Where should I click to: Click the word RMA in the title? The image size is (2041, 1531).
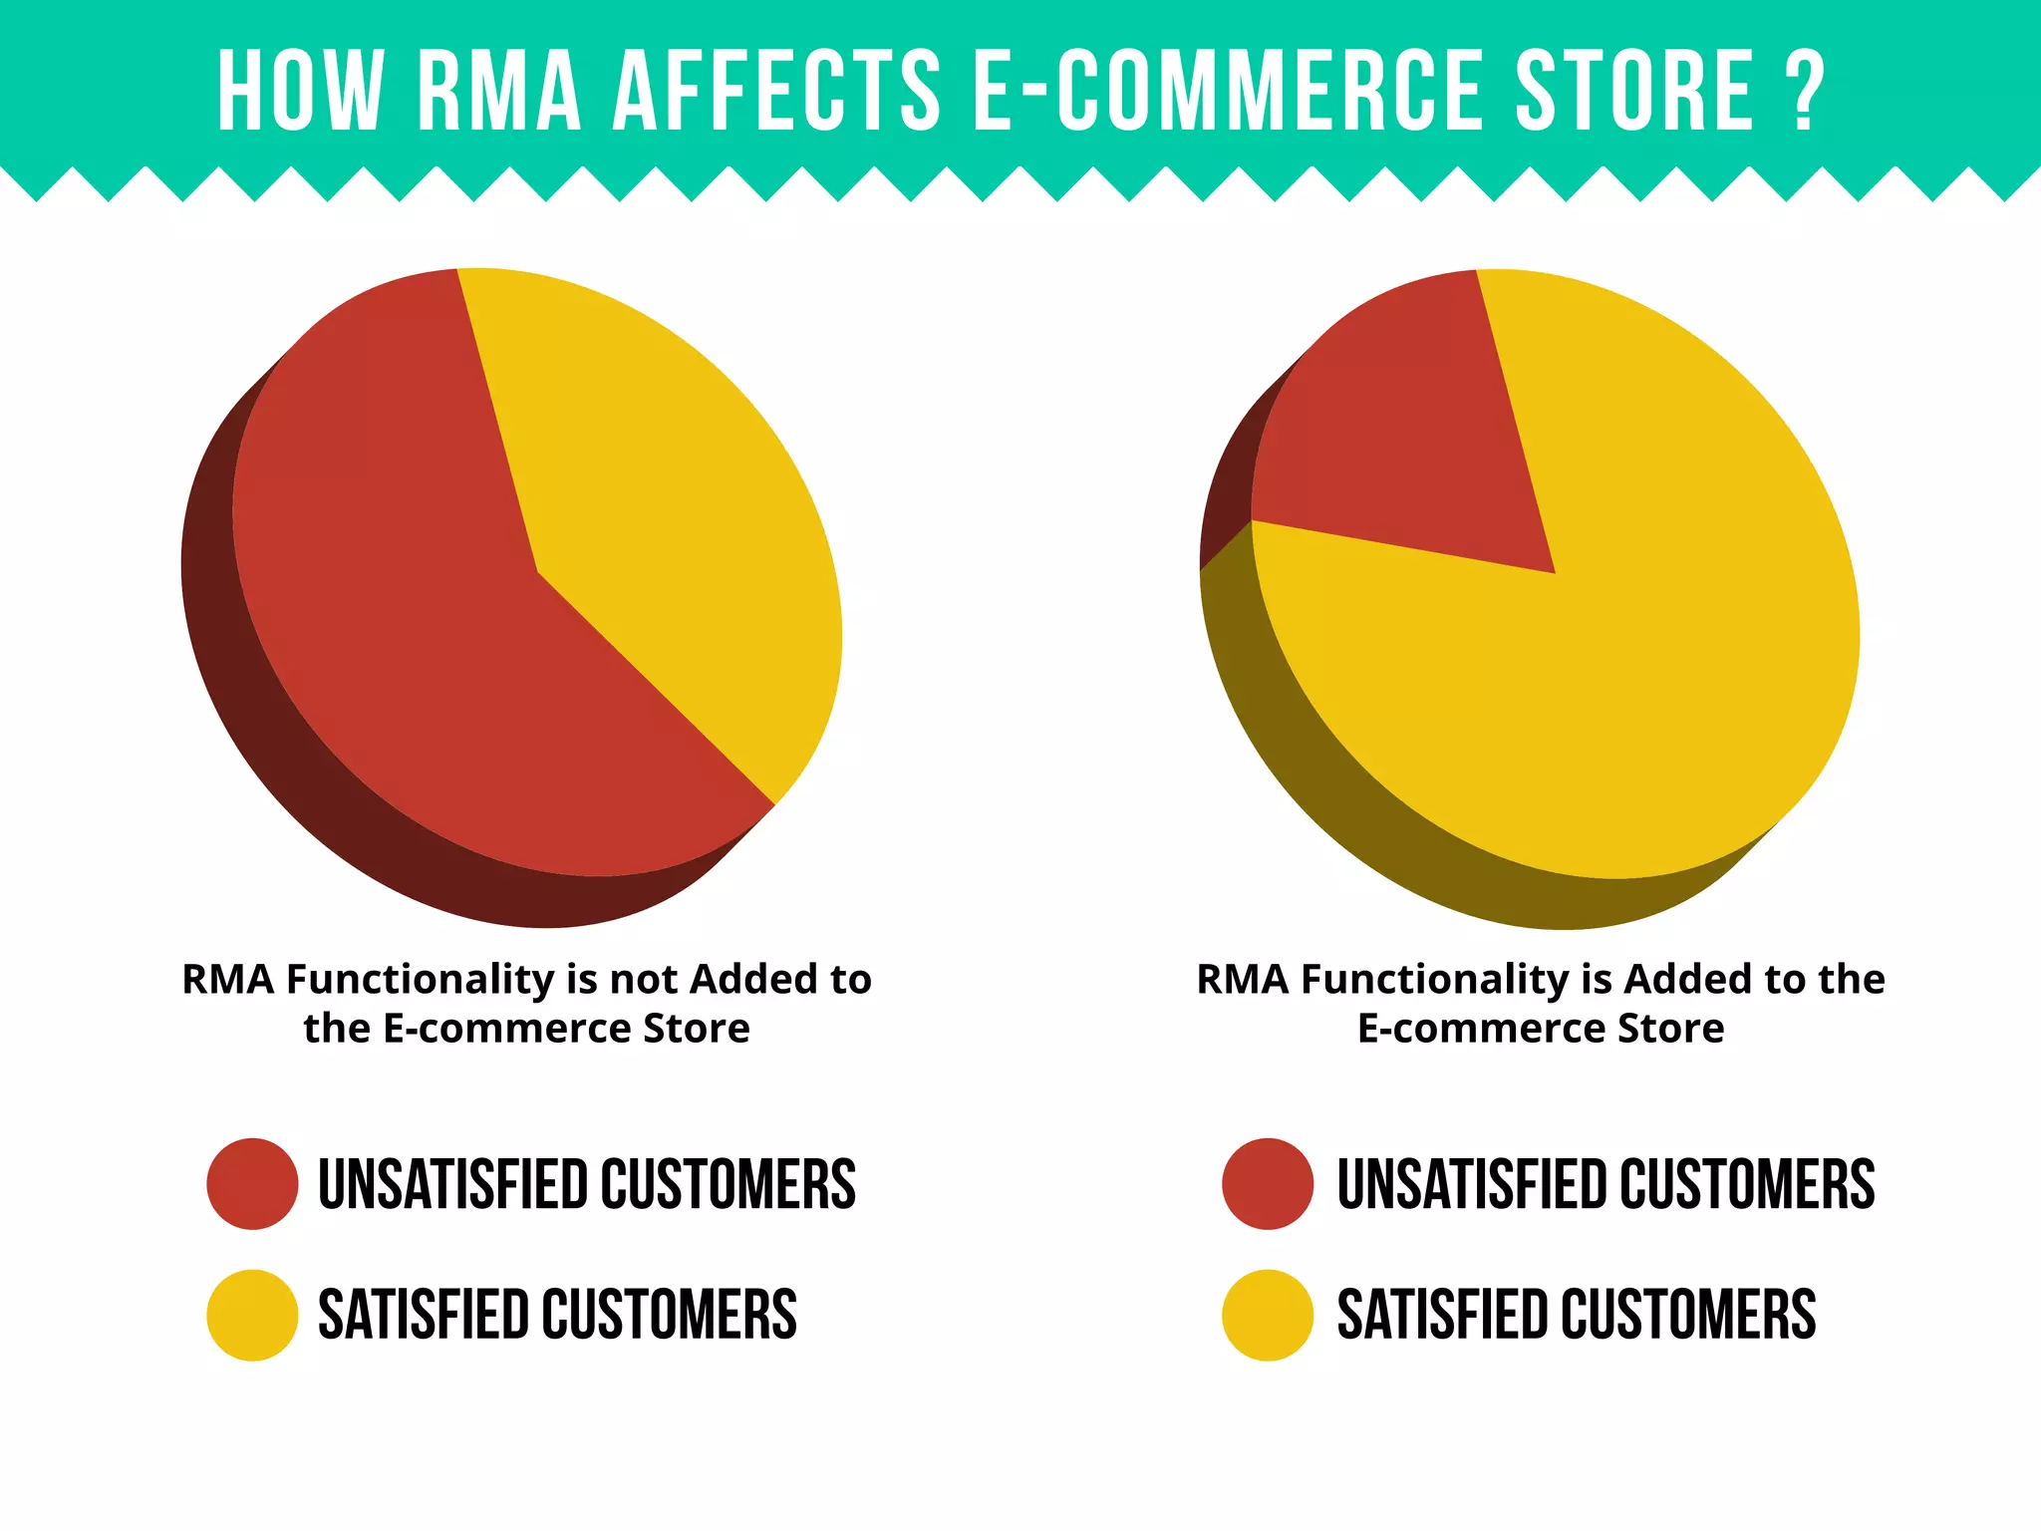[x=499, y=91]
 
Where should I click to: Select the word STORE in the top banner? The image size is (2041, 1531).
[x=1634, y=91]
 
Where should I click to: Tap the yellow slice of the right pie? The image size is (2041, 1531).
[x=1595, y=698]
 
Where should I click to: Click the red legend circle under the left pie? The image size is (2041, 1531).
[x=252, y=1184]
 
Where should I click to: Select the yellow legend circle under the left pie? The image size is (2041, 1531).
[x=252, y=1315]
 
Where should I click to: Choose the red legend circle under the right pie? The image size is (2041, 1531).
[x=1268, y=1184]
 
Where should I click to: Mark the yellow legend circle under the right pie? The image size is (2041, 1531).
[x=1268, y=1315]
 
